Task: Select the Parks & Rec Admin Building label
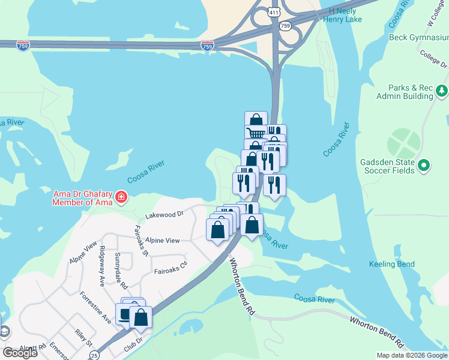405,92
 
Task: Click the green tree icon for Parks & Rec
442,91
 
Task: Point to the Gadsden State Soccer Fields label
387,166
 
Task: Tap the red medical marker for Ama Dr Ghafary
121,197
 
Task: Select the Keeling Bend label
391,264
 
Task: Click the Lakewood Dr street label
164,214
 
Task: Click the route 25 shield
94,355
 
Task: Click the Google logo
20,353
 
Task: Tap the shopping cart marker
256,133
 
